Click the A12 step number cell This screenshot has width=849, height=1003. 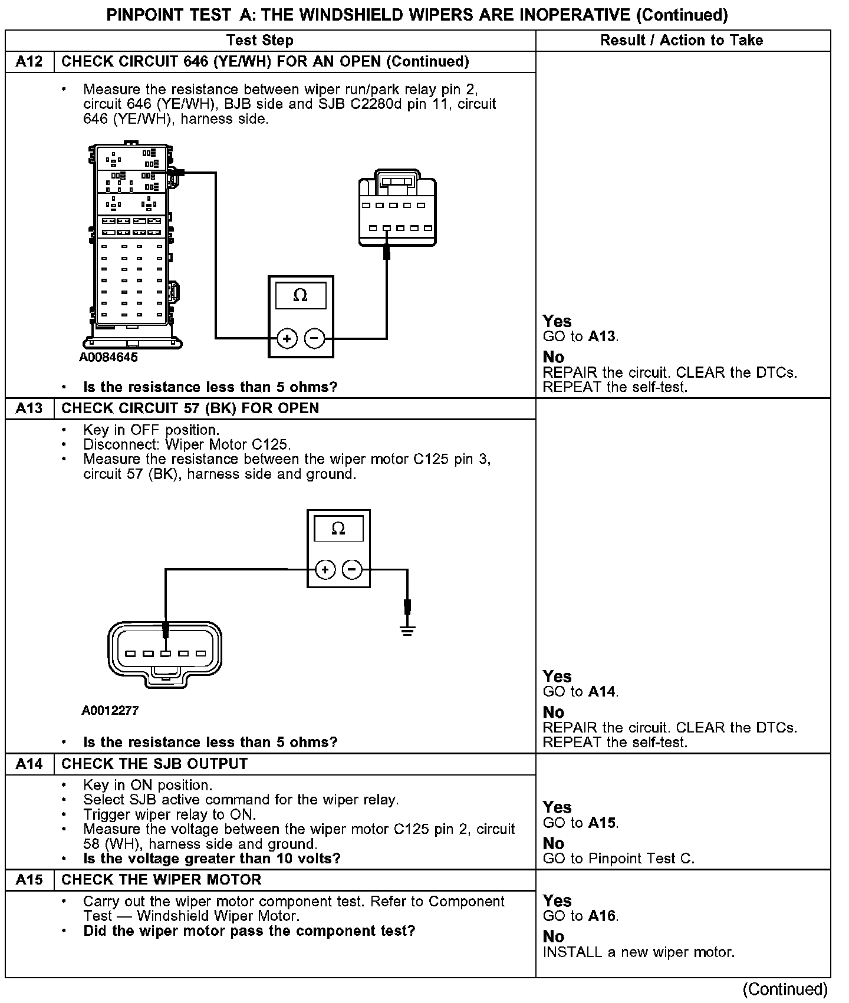[29, 62]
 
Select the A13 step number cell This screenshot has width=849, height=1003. [29, 408]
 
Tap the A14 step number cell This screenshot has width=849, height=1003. [29, 764]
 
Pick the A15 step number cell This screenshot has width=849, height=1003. [29, 880]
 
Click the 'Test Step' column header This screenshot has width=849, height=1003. [260, 40]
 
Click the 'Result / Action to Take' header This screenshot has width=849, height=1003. [682, 40]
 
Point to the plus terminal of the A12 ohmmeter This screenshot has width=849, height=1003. [287, 338]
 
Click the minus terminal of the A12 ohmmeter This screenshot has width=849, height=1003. [314, 338]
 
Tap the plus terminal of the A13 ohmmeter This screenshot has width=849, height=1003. [325, 569]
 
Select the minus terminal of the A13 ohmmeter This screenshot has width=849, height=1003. [352, 569]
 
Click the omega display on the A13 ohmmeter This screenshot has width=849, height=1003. [338, 529]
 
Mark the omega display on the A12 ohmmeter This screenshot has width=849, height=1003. [300, 295]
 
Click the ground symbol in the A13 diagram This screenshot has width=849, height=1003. [407, 631]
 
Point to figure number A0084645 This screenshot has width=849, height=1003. [109, 357]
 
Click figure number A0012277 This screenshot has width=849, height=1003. [110, 710]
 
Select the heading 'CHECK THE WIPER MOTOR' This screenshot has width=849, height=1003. [161, 880]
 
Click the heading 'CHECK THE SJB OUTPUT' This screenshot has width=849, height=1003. [154, 764]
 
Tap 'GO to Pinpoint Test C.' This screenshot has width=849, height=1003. [618, 859]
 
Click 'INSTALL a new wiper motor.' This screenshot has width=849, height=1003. [639, 952]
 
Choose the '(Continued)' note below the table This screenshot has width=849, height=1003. [785, 989]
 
